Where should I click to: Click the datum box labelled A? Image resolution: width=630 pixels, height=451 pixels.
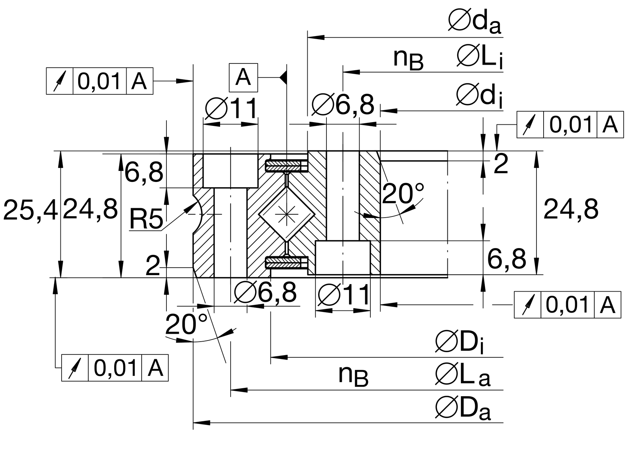243,77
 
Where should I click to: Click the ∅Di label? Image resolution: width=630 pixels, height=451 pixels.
459,342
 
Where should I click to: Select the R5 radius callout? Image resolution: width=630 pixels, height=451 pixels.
146,219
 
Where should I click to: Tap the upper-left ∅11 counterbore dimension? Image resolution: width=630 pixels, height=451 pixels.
231,109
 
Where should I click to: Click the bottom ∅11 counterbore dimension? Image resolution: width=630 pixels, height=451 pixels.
344,295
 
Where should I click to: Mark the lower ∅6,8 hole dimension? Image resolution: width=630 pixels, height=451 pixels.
265,292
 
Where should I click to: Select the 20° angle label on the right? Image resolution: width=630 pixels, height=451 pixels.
403,194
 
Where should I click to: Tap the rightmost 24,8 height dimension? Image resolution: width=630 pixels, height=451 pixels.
571,209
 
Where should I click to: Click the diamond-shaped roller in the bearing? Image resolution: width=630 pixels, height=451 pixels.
286,214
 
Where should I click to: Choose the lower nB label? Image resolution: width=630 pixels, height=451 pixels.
353,376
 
